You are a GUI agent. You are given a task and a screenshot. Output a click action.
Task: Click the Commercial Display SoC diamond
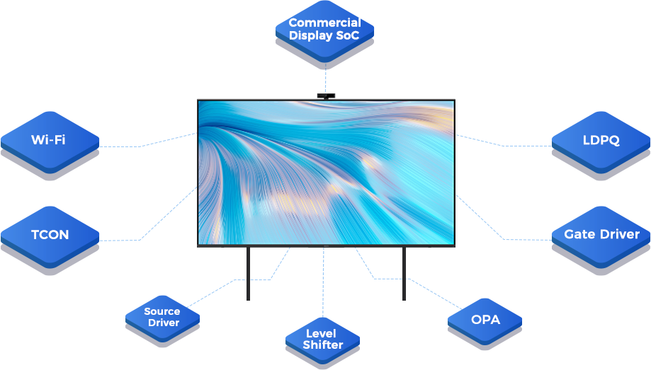325,30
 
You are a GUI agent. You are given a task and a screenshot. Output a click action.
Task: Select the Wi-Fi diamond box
49,140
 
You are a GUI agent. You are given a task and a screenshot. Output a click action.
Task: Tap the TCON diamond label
50,235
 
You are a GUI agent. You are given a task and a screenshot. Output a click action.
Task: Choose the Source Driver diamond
162,317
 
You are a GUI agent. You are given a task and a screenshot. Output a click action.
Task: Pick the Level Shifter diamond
323,339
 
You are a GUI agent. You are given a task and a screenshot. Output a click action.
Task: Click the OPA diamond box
485,320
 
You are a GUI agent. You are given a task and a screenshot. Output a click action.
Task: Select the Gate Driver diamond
601,234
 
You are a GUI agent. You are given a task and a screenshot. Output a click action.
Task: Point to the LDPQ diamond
601,140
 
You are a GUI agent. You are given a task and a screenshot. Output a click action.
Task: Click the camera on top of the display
326,94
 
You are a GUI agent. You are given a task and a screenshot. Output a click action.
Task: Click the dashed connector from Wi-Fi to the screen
142,146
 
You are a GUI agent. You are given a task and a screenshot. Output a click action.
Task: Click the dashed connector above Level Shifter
323,283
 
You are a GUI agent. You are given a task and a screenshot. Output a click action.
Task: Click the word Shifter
323,345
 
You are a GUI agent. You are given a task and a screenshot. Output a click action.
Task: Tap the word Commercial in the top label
325,23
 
